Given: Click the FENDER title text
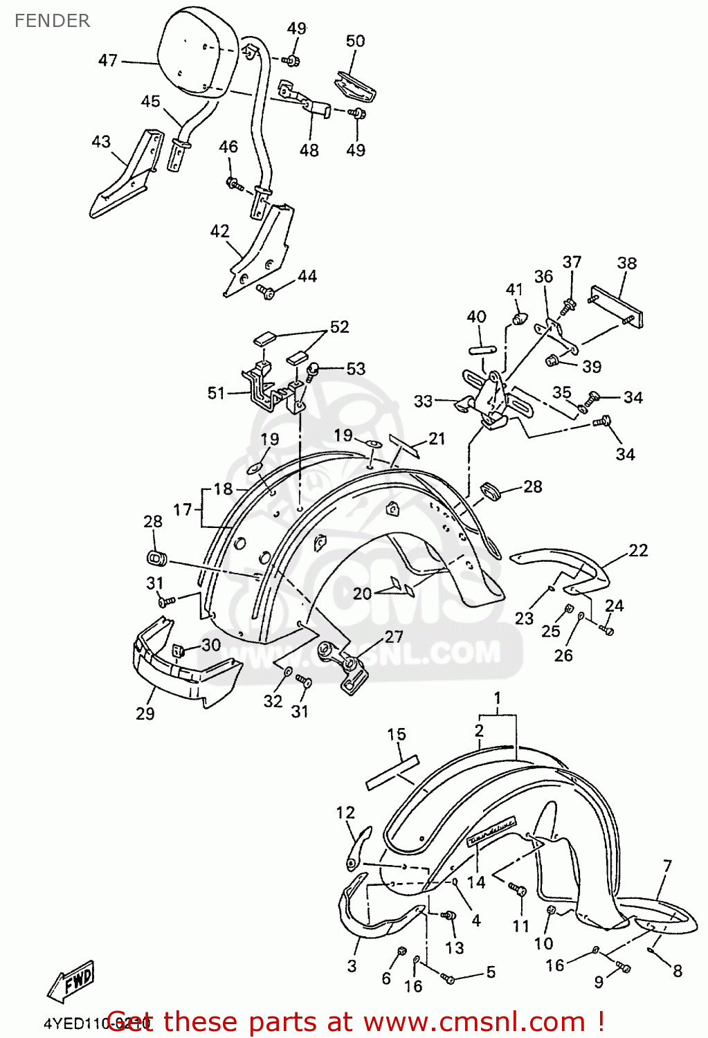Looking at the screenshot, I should tap(52, 21).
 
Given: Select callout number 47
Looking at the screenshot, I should tap(108, 61).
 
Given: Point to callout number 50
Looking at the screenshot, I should tap(355, 42).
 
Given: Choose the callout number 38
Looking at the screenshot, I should tap(626, 264).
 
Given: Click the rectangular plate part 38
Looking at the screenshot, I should tap(618, 307).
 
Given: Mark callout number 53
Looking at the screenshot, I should tap(356, 369).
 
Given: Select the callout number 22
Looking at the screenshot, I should tap(638, 551).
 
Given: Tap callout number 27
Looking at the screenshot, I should tap(394, 637).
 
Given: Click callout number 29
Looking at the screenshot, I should tap(145, 713).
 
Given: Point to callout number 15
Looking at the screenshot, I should tap(397, 735).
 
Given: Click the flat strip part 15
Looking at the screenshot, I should tap(392, 772).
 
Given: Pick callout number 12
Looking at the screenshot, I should tap(345, 813).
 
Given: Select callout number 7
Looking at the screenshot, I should tap(667, 866).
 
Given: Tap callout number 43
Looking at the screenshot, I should tap(101, 142).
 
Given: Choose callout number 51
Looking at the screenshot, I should tap(216, 394).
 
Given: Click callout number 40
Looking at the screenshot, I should tap(476, 317).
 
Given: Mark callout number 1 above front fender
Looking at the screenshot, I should tap(497, 698).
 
